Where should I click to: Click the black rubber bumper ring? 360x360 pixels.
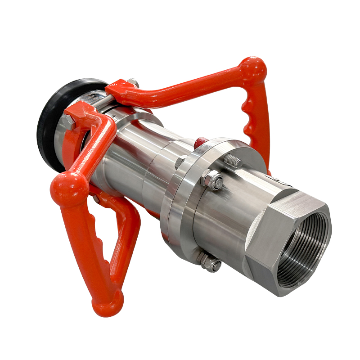(x=47, y=130)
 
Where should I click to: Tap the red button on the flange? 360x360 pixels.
(x=201, y=142)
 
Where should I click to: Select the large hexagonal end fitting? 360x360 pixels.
(x=288, y=243)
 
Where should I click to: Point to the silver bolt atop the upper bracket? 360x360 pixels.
(x=132, y=82)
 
